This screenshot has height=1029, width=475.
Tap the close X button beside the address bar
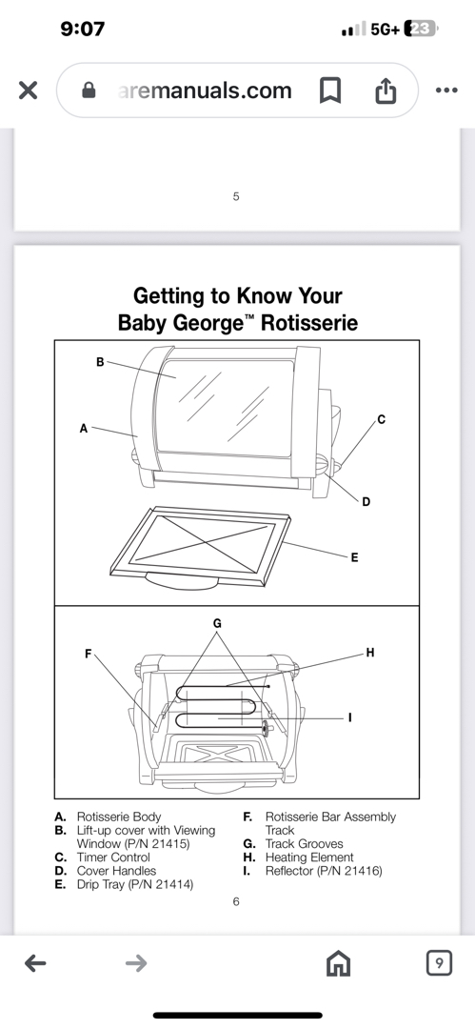tap(28, 91)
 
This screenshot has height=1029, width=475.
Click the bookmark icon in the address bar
tap(330, 91)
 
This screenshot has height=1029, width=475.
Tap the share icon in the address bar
tap(386, 91)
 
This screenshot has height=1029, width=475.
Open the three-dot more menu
tap(446, 91)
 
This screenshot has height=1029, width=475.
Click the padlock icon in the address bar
tap(89, 91)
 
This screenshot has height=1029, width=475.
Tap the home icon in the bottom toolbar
tap(339, 963)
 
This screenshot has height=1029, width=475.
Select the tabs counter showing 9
tap(439, 962)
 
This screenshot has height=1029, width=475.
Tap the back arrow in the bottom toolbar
tap(35, 963)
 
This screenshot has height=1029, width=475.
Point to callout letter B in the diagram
tap(100, 362)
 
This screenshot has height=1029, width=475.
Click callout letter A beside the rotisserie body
tap(84, 429)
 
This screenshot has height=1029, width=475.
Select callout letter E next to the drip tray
tap(354, 557)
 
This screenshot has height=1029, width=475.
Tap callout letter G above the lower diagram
tap(217, 623)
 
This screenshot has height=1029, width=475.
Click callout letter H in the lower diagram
tap(370, 653)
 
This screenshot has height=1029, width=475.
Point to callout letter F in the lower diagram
tap(89, 654)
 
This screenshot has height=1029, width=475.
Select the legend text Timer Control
tap(113, 857)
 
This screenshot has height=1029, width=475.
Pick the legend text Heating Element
tap(309, 857)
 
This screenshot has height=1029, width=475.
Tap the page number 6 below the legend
tap(236, 901)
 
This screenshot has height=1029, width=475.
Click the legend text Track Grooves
tap(304, 844)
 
